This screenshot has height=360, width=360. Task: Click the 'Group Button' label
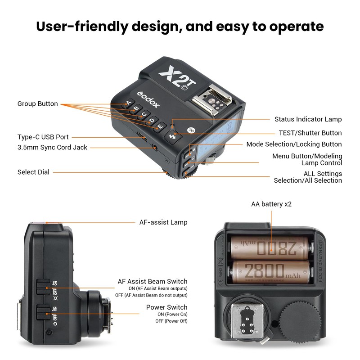38,104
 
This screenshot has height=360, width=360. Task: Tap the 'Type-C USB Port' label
43,137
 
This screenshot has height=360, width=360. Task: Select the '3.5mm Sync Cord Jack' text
52,147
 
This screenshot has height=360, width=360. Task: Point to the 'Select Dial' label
33,172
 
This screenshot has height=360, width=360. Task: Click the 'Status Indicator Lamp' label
308,119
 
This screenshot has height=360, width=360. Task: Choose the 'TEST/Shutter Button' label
310,133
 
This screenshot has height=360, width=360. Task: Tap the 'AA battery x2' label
271,204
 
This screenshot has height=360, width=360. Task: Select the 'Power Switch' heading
166,307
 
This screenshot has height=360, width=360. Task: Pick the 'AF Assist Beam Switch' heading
153,281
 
